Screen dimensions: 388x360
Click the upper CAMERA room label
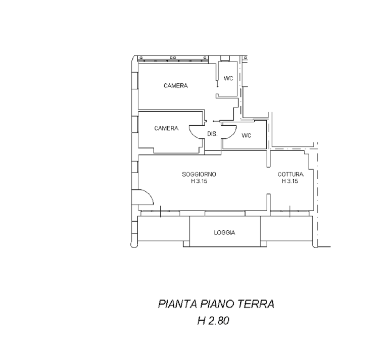click(x=176, y=86)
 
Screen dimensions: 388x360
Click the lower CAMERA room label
click(x=166, y=128)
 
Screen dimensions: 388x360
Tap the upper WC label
click(x=228, y=78)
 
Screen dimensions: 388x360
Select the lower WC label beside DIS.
click(x=246, y=135)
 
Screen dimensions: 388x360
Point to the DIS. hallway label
click(x=212, y=134)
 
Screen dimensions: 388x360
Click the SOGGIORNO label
click(x=199, y=174)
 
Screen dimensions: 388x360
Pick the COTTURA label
click(x=290, y=174)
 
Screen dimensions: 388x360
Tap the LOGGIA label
click(x=224, y=233)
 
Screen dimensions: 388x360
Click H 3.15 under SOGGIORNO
click(x=199, y=181)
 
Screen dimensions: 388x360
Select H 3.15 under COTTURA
click(x=290, y=181)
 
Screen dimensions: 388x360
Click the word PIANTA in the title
click(x=178, y=304)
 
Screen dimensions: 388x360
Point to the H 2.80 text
click(x=213, y=321)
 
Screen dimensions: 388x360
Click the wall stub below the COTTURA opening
click(x=268, y=203)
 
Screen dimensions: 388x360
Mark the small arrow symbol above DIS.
click(x=216, y=121)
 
